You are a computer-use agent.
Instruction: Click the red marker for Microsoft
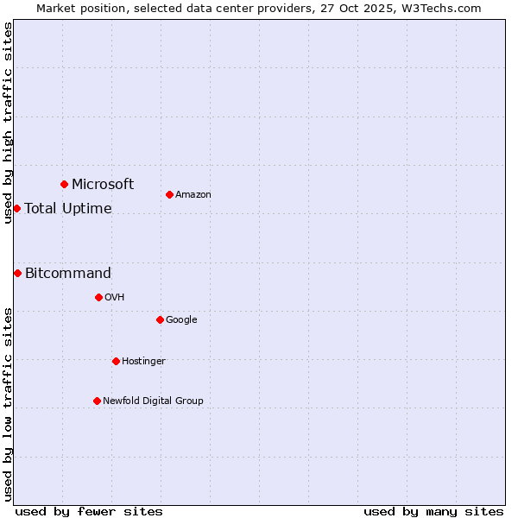tap(64, 184)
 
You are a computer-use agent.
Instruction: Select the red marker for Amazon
tap(169, 194)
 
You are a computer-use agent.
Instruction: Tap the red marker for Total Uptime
tap(16, 208)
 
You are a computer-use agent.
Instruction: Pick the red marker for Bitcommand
tap(17, 273)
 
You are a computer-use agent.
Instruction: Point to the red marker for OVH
tap(98, 297)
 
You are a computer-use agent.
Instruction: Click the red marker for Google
tap(160, 319)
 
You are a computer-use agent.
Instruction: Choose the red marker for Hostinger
tap(116, 361)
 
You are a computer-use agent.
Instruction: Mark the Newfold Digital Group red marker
tap(97, 401)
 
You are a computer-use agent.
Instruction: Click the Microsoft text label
tap(103, 184)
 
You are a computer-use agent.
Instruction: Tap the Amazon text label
tap(193, 194)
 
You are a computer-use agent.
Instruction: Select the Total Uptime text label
tap(68, 208)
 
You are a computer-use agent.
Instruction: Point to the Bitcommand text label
tap(68, 274)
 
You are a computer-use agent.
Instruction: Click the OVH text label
tap(115, 297)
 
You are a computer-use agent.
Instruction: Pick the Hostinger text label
tap(143, 361)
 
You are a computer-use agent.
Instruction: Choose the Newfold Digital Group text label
tap(153, 401)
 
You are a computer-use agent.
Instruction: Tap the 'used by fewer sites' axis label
tap(89, 511)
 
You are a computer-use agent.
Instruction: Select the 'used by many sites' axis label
tap(433, 511)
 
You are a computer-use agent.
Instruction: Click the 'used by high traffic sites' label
tap(8, 123)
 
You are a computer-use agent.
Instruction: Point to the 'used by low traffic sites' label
tap(8, 403)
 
